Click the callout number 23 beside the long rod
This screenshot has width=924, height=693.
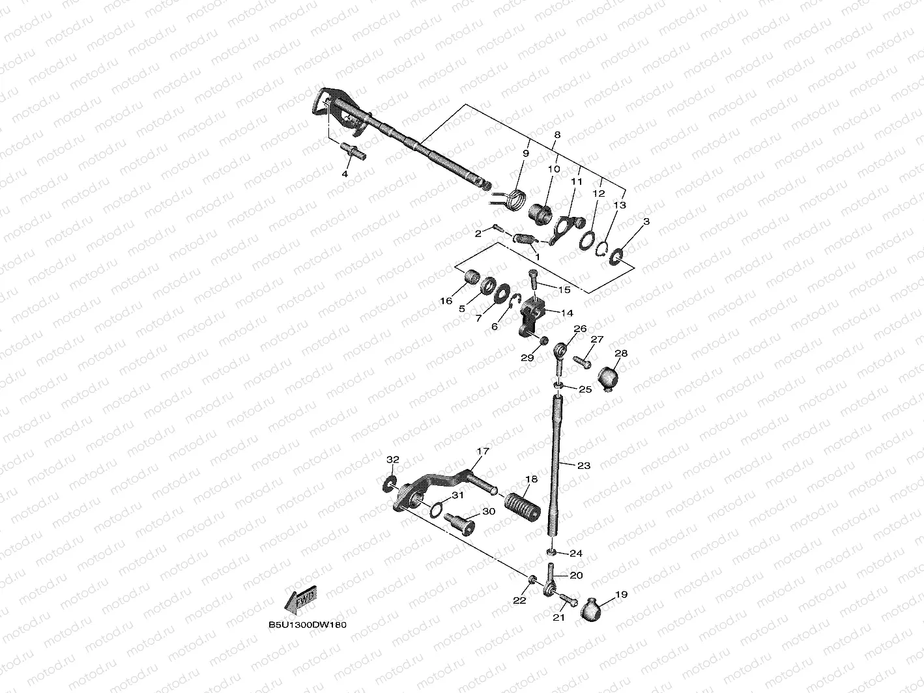coord(583,466)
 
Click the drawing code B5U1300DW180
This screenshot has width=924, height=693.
coord(307,624)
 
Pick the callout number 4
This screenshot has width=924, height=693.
coord(345,174)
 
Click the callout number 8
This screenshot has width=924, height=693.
coord(556,135)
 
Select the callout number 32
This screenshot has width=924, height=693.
coord(392,460)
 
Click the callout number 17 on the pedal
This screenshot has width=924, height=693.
coord(482,451)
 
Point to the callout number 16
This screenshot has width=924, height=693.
coord(446,301)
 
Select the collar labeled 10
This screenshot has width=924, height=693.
coord(540,212)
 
